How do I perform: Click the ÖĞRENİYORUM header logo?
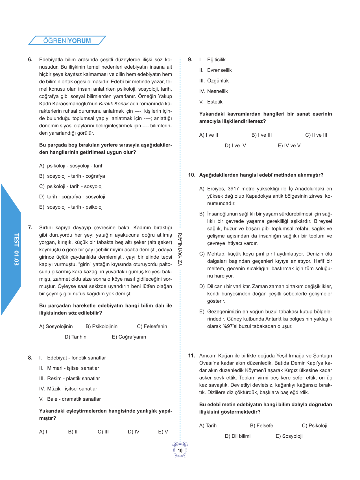(67, 41)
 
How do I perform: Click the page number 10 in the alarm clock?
(180, 451)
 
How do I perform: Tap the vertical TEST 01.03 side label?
(16, 249)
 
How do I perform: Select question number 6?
(30, 60)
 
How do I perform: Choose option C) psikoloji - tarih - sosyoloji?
(71, 186)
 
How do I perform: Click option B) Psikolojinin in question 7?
(101, 326)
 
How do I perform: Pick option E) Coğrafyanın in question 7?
(129, 337)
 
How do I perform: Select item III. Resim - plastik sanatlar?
(70, 378)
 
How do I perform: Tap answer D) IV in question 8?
(134, 432)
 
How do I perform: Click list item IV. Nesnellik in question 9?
(213, 91)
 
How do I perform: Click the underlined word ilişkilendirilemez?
(242, 121)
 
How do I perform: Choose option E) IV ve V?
(289, 146)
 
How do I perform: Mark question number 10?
(192, 175)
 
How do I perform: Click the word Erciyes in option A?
(216, 189)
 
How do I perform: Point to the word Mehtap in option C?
(216, 254)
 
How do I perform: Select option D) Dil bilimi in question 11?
(238, 436)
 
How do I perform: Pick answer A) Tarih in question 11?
(208, 426)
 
